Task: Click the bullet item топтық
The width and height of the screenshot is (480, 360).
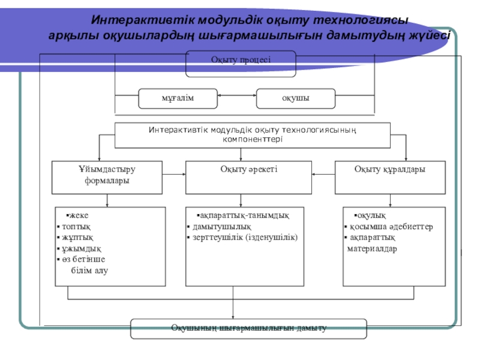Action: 75,227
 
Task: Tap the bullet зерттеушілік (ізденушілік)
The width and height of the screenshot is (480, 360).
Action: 246,238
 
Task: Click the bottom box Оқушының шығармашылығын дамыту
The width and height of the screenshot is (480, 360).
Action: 248,328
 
